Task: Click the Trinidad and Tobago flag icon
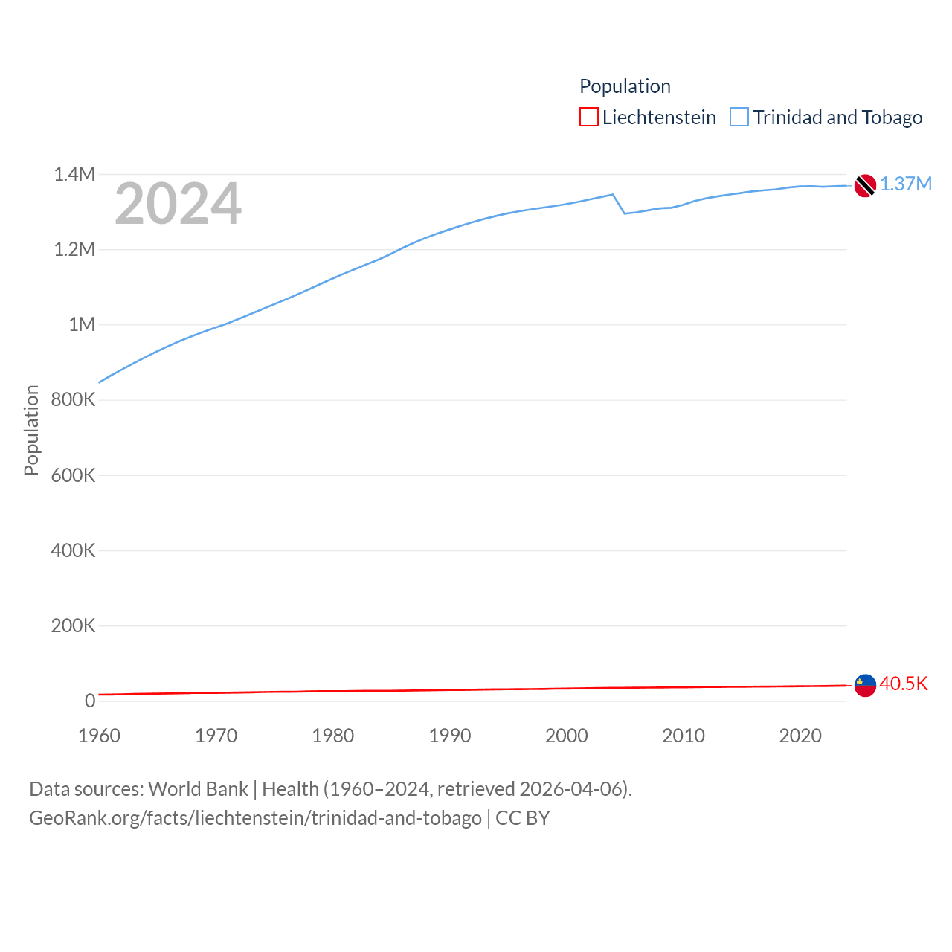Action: tap(865, 185)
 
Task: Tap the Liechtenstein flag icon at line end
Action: tap(865, 685)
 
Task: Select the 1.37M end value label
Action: tap(906, 184)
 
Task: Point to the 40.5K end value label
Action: tap(904, 684)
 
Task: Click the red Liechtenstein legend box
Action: tap(589, 118)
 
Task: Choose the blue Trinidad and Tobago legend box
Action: tap(739, 118)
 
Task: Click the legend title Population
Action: tap(625, 86)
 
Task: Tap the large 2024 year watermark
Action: tap(178, 204)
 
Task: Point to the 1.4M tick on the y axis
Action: tap(74, 175)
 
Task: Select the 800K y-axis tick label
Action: tap(73, 400)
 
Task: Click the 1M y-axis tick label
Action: tap(82, 325)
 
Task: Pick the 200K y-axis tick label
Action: tap(73, 625)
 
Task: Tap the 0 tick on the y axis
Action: tap(90, 701)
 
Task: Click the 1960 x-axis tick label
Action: tap(99, 736)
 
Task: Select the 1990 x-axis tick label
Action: tap(450, 736)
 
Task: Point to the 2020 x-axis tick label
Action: tap(800, 736)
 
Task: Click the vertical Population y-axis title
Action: tap(31, 430)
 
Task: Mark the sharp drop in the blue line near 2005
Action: tap(619, 205)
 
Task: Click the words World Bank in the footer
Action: tap(198, 789)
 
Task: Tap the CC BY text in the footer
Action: tap(522, 818)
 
